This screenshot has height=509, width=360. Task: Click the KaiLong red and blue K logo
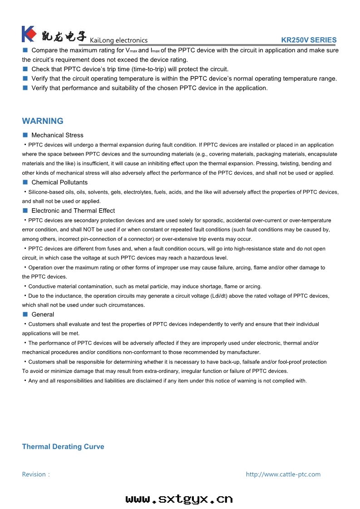tap(29, 34)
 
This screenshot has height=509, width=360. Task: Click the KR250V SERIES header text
tap(309, 40)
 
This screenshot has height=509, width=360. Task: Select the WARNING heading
tap(43, 121)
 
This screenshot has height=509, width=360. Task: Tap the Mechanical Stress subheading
tap(57, 135)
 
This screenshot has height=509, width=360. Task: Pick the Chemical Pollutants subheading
tap(59, 182)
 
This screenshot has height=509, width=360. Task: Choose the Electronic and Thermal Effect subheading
tap(73, 210)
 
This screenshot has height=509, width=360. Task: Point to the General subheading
tap(43, 314)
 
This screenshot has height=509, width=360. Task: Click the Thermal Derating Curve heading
tap(63, 447)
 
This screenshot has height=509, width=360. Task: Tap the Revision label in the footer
tap(36, 475)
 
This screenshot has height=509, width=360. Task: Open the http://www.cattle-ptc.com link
tap(283, 475)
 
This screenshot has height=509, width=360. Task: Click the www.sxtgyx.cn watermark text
tap(179, 499)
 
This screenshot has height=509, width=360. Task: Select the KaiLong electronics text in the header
tap(118, 40)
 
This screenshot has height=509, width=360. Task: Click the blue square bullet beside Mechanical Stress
tap(25, 135)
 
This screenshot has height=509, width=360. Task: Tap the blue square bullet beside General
tap(25, 314)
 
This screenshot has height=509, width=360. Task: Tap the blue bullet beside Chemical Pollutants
tap(25, 182)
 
